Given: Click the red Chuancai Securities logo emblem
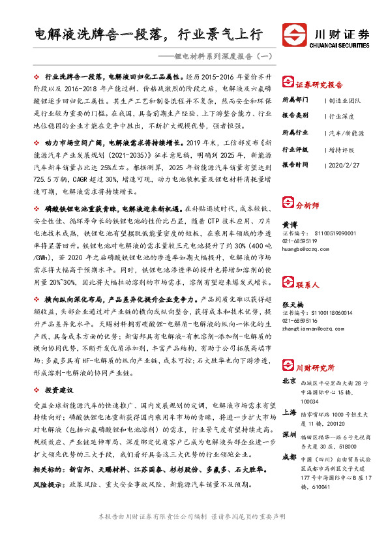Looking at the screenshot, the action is click(x=293, y=34).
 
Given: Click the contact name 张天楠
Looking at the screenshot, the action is click(x=293, y=305).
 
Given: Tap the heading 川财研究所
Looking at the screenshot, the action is click(x=312, y=367).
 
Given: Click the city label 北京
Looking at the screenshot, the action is click(x=290, y=381).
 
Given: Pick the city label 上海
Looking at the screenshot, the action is click(x=290, y=413).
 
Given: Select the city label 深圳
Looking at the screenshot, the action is click(x=290, y=434).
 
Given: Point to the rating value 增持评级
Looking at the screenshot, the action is click(x=342, y=149).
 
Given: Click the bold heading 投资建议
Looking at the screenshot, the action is click(x=58, y=389).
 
